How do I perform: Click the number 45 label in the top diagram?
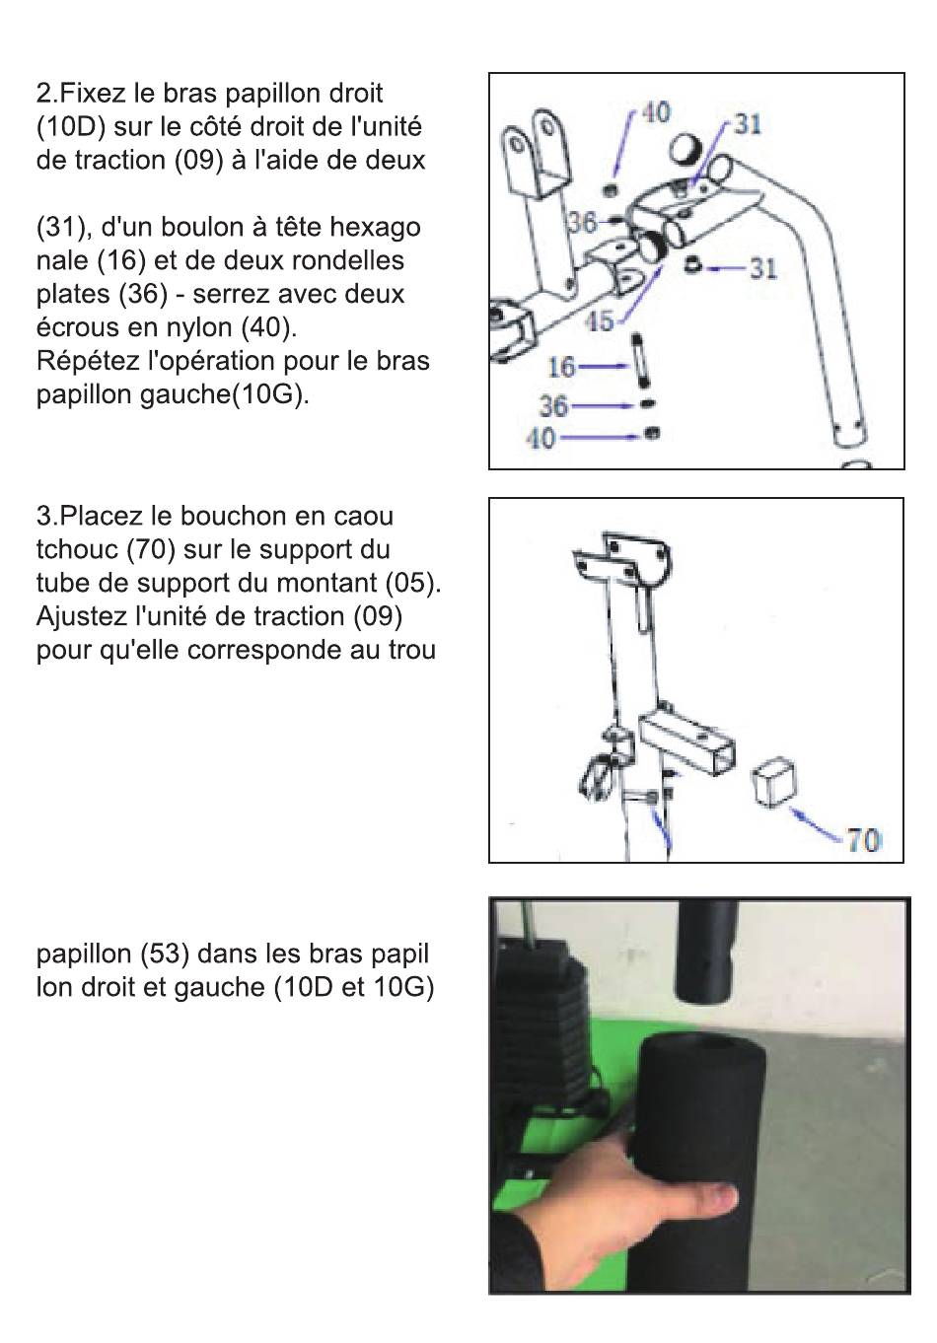pyautogui.click(x=601, y=320)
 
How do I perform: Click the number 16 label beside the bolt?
pyautogui.click(x=561, y=367)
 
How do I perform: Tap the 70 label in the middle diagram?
pyautogui.click(x=863, y=840)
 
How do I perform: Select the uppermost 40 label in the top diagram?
pyautogui.click(x=656, y=112)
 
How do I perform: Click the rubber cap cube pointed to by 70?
pyautogui.click(x=774, y=783)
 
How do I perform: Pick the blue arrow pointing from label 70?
pyautogui.click(x=818, y=823)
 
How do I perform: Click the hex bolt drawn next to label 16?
pyautogui.click(x=642, y=366)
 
